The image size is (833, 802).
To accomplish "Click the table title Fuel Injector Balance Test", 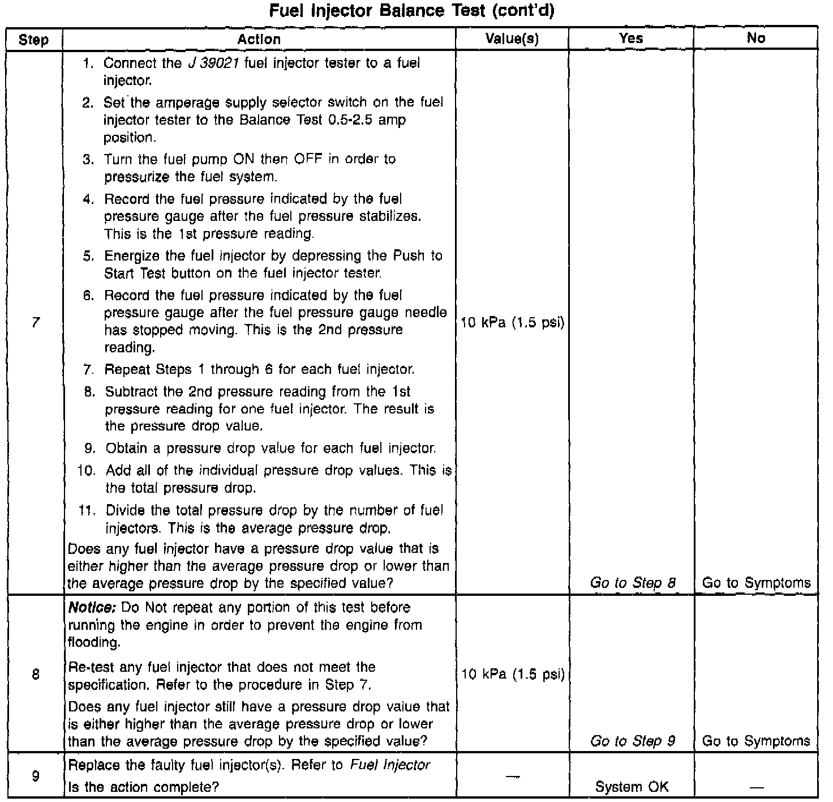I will tap(411, 11).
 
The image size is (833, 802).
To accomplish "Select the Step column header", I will tap(33, 40).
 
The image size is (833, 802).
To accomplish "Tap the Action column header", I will tap(259, 39).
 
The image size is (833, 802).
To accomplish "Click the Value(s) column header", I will tap(512, 39).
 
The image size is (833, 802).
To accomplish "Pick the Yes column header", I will tap(631, 39).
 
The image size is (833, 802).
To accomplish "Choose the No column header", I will tap(756, 39).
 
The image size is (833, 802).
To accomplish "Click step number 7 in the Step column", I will tap(35, 322).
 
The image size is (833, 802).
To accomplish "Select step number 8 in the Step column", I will tap(35, 675).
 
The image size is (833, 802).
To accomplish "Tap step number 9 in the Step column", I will tap(35, 776).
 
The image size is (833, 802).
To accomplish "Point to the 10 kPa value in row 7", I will tap(513, 323).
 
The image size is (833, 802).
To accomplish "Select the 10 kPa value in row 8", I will tap(513, 675).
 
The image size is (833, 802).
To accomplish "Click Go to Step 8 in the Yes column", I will tap(633, 583).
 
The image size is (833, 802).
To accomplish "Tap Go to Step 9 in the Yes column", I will tap(633, 741).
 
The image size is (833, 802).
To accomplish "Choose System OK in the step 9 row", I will tap(632, 787).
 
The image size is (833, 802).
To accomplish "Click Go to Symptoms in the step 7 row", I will tap(756, 583).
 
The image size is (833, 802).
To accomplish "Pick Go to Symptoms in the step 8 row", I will tap(756, 741).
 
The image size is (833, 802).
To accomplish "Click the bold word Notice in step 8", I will tap(92, 608).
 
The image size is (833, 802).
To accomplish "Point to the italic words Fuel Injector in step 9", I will tap(390, 765).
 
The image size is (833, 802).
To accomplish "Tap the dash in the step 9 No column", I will tap(756, 787).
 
